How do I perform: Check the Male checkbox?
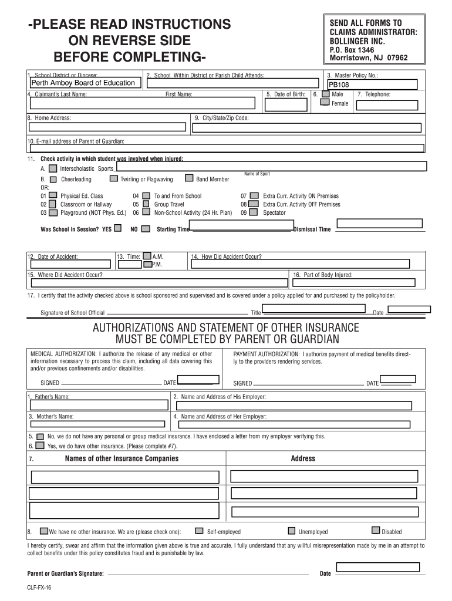(325, 94)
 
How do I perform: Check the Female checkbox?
(325, 103)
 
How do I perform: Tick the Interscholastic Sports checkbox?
(53, 168)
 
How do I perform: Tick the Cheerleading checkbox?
(53, 179)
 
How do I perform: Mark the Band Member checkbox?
(189, 178)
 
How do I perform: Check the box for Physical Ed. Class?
(53, 195)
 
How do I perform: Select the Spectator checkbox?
(254, 212)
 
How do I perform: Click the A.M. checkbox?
(147, 256)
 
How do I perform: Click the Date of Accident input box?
(70, 265)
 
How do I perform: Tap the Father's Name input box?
(97, 406)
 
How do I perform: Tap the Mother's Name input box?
(97, 423)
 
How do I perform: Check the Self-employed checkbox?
(199, 531)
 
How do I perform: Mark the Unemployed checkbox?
(292, 531)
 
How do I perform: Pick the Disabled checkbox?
(376, 531)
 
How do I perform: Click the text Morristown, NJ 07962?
(369, 58)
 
